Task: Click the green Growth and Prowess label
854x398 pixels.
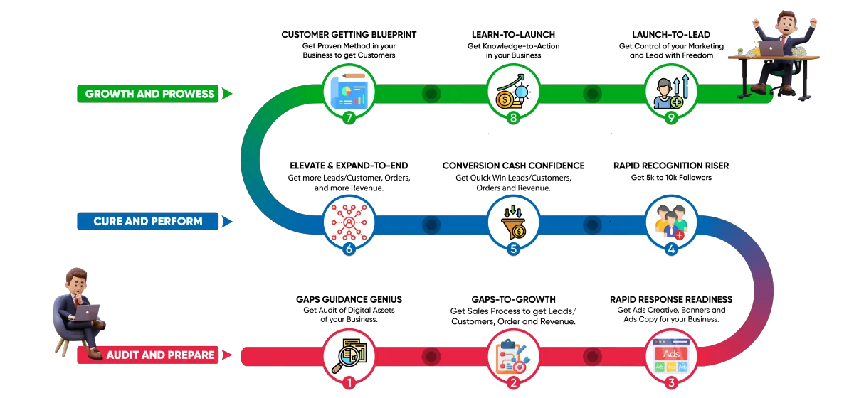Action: point(149,93)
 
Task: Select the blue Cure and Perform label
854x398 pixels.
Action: point(148,221)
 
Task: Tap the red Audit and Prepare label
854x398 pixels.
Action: point(160,354)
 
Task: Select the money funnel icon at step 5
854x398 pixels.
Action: point(513,222)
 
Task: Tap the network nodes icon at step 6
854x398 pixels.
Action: point(349,222)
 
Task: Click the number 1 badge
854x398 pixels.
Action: point(349,383)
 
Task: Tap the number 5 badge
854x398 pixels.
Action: point(513,249)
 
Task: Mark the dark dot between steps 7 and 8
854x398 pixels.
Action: point(431,93)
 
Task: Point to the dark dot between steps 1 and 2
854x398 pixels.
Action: point(431,355)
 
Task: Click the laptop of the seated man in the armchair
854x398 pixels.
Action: point(87,312)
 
